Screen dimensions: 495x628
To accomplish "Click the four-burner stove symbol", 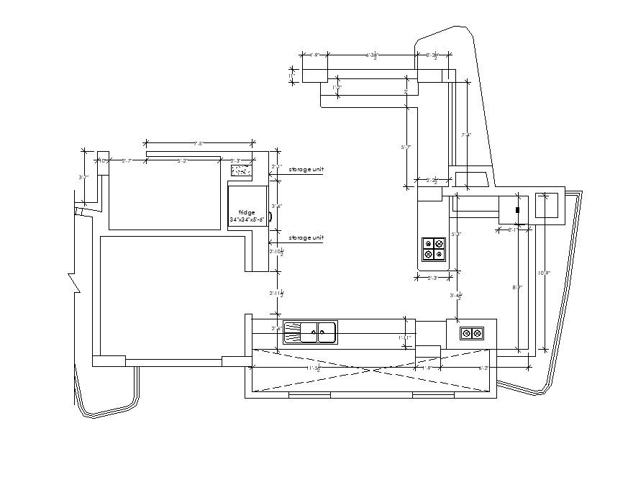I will (x=434, y=249).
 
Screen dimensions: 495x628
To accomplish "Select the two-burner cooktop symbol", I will (x=472, y=333).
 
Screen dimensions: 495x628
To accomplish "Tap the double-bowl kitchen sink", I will (x=310, y=332).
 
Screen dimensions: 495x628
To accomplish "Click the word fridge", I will (x=247, y=212).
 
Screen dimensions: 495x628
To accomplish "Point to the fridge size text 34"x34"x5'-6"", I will (x=247, y=219).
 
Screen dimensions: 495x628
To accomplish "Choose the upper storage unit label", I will (x=306, y=170).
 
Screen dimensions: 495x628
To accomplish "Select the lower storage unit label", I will (x=306, y=237).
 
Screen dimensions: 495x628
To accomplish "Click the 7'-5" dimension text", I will (x=199, y=144).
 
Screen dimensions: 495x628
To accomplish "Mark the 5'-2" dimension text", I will (x=183, y=161).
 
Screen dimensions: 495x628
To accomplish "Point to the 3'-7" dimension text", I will (x=83, y=177).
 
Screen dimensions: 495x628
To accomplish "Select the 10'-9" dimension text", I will (x=545, y=273).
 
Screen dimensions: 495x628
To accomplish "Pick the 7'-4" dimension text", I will (x=467, y=135).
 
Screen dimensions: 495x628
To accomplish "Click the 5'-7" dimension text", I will (x=406, y=147).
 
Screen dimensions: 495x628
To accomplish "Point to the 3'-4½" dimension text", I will (x=455, y=295).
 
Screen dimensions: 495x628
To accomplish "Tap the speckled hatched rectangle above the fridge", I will (x=240, y=171).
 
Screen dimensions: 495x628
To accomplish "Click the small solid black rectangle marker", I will (x=517, y=209).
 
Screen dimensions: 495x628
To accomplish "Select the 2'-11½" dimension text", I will (x=276, y=294).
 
